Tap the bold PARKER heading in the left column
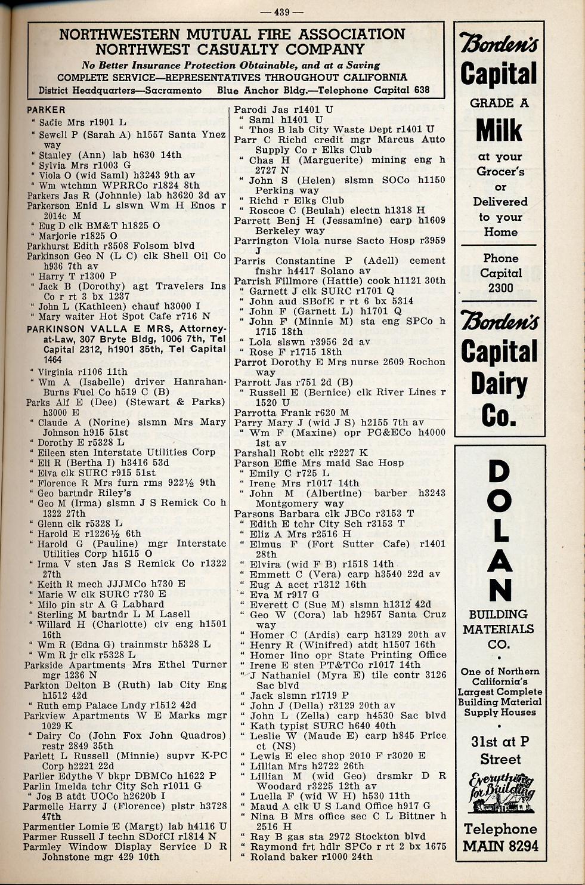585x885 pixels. click(x=46, y=110)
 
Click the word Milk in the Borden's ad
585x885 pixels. click(x=500, y=130)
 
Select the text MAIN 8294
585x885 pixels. click(x=500, y=846)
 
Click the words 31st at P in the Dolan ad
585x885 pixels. click(x=500, y=742)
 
